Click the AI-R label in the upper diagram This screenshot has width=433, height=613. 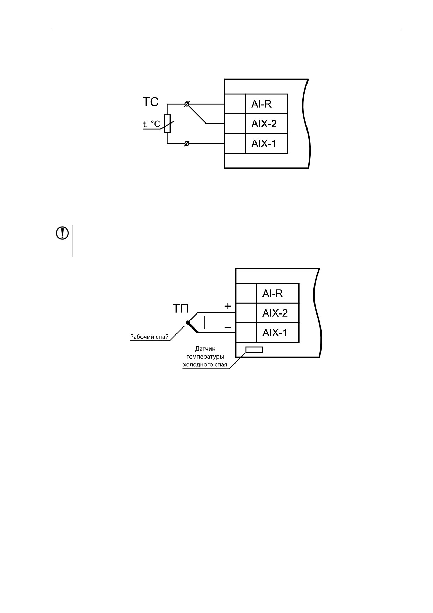[261, 104]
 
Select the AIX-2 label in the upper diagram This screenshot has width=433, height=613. [264, 124]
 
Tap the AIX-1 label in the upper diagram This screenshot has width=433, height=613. [264, 143]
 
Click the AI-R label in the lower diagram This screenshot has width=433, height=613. [273, 293]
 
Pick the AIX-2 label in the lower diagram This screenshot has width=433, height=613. [275, 313]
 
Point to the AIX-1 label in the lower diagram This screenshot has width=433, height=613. [275, 332]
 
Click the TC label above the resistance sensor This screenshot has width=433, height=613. [150, 102]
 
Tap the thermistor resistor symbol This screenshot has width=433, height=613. [167, 124]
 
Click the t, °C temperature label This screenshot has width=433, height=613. [152, 124]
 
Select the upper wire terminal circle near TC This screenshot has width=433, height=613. [187, 104]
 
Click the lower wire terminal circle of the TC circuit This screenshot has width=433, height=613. [187, 143]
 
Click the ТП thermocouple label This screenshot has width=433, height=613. [181, 309]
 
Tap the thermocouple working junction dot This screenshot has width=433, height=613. [188, 322]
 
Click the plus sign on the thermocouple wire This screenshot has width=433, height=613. [228, 306]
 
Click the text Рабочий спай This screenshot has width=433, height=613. [150, 337]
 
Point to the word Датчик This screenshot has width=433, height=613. [205, 349]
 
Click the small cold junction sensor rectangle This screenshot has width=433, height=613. [254, 350]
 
